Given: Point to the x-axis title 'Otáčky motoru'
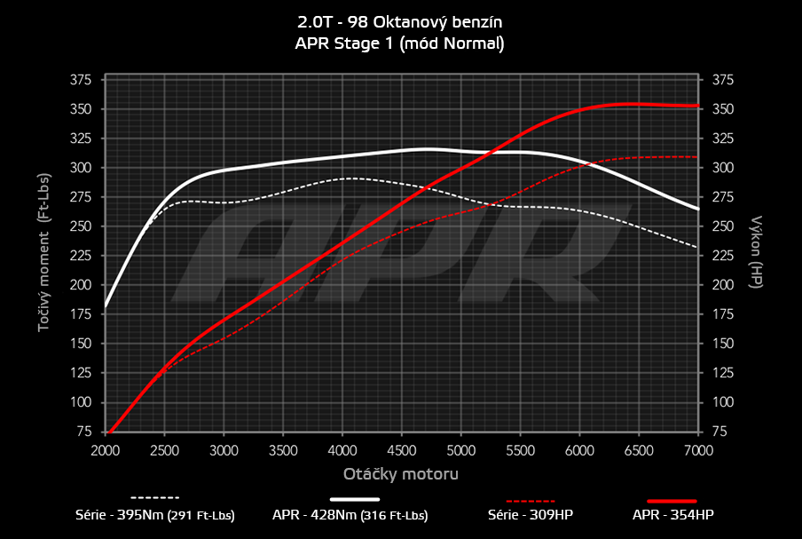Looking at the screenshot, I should click(x=401, y=474).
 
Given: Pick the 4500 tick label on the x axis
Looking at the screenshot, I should click(x=402, y=449).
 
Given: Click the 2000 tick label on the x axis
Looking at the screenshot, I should click(x=106, y=449).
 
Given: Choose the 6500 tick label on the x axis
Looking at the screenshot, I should click(x=640, y=449).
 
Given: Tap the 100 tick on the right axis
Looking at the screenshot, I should click(x=722, y=402).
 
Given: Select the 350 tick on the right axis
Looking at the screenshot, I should click(x=722, y=109).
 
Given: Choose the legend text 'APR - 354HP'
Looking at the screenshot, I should click(x=672, y=515).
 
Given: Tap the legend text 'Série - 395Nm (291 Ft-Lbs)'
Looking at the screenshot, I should click(x=155, y=515).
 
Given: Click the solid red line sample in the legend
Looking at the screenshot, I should click(x=672, y=501).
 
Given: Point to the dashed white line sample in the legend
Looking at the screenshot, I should click(x=155, y=497).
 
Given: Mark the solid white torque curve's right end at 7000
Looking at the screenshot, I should click(x=698, y=210).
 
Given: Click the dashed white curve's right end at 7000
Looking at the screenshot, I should click(x=698, y=247).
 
